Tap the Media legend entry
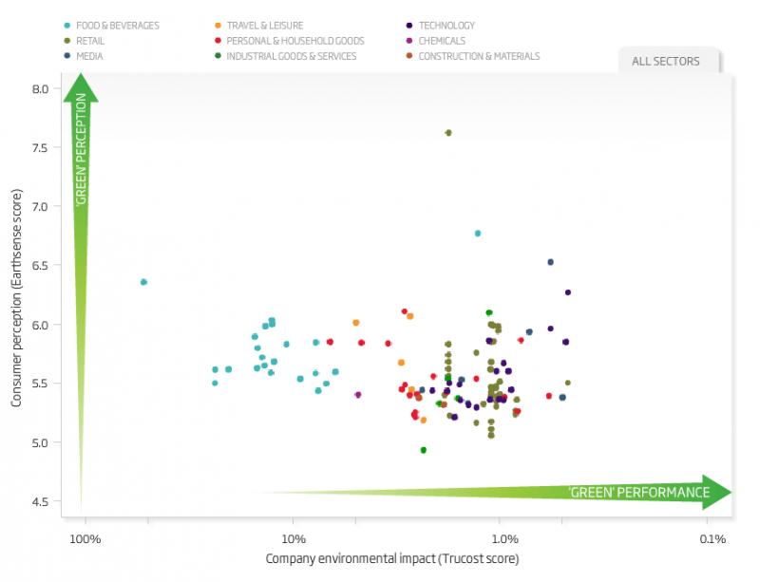pos(91,56)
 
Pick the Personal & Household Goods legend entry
pos(294,41)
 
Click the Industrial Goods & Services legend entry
pos(291,56)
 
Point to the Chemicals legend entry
pos(441,41)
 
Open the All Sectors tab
pos(666,62)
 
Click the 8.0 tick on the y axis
pos(39,89)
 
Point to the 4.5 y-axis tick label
pos(39,502)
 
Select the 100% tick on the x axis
pos(85,539)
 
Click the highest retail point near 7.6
pos(448,133)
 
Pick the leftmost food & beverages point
pos(143,282)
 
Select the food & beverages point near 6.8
pos(478,233)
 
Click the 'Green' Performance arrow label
pos(638,493)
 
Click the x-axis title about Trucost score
pos(392,559)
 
